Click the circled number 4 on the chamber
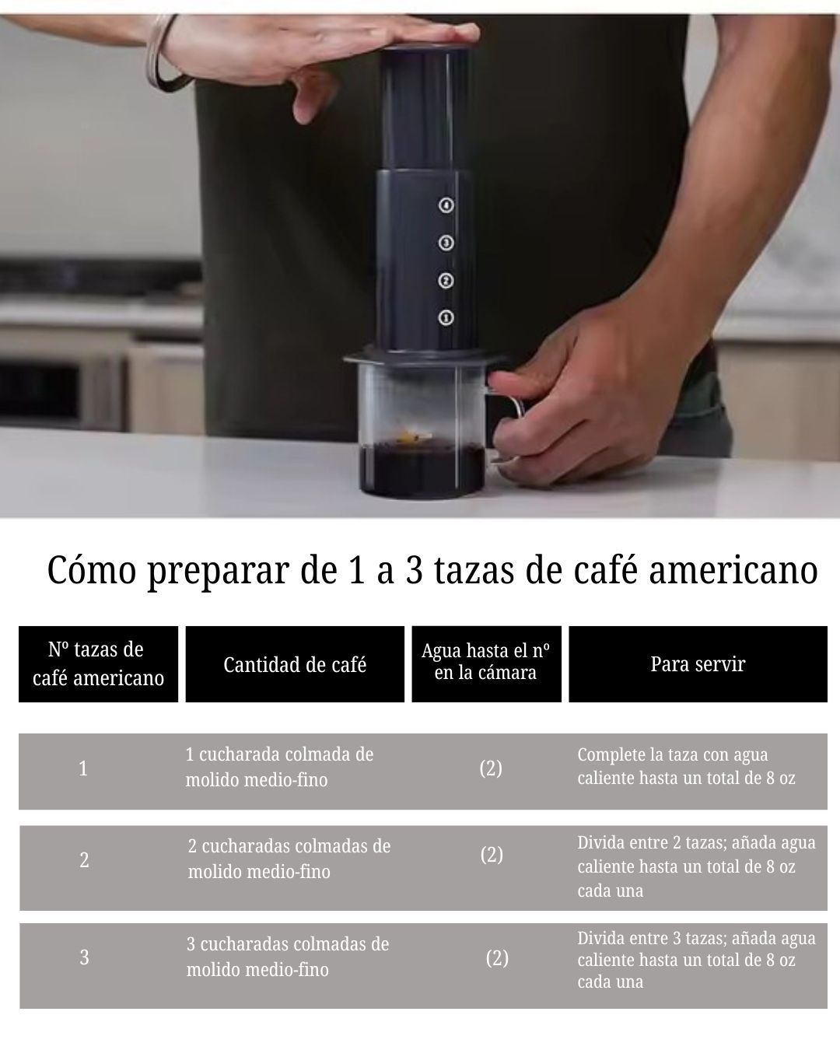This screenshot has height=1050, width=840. point(446,205)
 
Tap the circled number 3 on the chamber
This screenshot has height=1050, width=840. point(446,243)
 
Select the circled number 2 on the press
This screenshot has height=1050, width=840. point(446,281)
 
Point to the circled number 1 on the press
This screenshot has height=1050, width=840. point(446,317)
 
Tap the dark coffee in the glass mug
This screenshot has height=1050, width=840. point(422,467)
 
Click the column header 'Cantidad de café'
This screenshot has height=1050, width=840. point(295,664)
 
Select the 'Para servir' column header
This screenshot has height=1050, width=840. point(698,664)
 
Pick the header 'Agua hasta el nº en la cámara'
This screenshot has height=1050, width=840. point(486,662)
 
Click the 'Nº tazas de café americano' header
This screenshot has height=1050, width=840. point(98,664)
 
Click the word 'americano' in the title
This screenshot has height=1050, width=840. point(733,570)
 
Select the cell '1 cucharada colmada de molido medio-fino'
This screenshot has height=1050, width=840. point(279,768)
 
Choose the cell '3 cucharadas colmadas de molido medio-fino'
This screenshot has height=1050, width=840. point(288,957)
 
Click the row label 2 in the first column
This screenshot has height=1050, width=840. point(84,860)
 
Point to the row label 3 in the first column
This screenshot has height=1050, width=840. point(84,957)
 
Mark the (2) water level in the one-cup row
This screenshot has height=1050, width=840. point(491,768)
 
